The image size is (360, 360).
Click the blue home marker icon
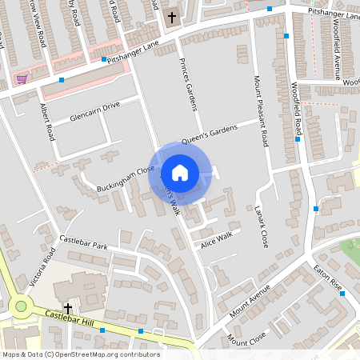pyautogui.click(x=179, y=173)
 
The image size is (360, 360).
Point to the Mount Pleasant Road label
pyautogui.click(x=261, y=112)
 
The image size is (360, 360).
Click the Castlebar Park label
pyautogui.click(x=83, y=242)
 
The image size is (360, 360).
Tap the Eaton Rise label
pyautogui.click(x=327, y=277)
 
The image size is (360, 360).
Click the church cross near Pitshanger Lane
pyautogui.click(x=170, y=17)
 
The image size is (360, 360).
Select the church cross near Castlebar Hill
pyautogui.click(x=68, y=307)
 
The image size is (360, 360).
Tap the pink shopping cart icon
pyautogui.click(x=21, y=79)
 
